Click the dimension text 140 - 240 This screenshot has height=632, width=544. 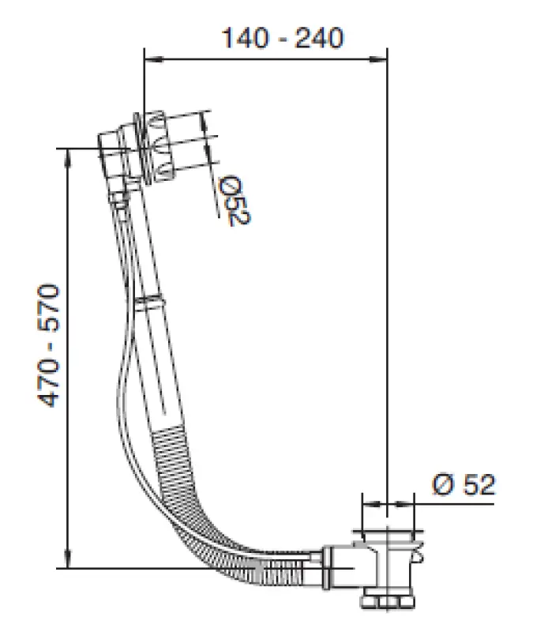pyautogui.click(x=282, y=38)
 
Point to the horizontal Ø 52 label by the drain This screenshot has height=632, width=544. pyautogui.click(x=464, y=483)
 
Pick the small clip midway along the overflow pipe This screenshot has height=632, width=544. pyautogui.click(x=148, y=301)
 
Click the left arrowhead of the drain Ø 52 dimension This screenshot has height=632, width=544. pyautogui.click(x=365, y=501)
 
